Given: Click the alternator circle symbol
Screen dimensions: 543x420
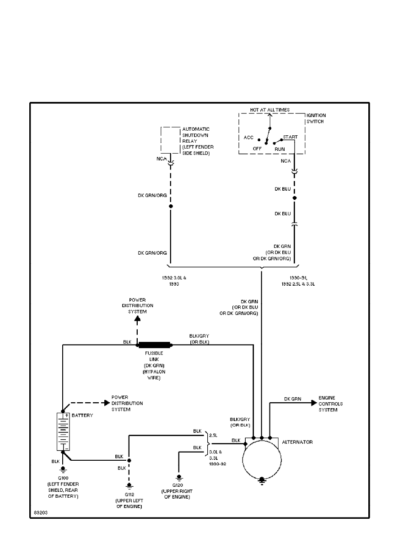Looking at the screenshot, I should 262,459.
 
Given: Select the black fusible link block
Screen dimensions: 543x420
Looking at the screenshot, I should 155,345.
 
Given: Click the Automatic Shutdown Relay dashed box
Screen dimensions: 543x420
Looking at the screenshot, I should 170,140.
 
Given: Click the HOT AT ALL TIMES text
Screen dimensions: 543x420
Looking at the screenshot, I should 269,110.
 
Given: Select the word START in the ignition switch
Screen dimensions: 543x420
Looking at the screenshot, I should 290,137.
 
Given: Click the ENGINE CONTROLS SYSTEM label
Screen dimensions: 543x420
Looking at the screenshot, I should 331,404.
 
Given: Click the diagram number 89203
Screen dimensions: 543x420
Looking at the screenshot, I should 40,512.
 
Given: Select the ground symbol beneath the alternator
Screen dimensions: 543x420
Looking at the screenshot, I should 262,480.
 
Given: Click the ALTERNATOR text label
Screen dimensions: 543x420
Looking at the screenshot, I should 297,442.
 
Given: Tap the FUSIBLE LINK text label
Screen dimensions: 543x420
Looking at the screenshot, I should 153,356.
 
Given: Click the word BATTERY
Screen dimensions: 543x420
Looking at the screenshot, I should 82,415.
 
